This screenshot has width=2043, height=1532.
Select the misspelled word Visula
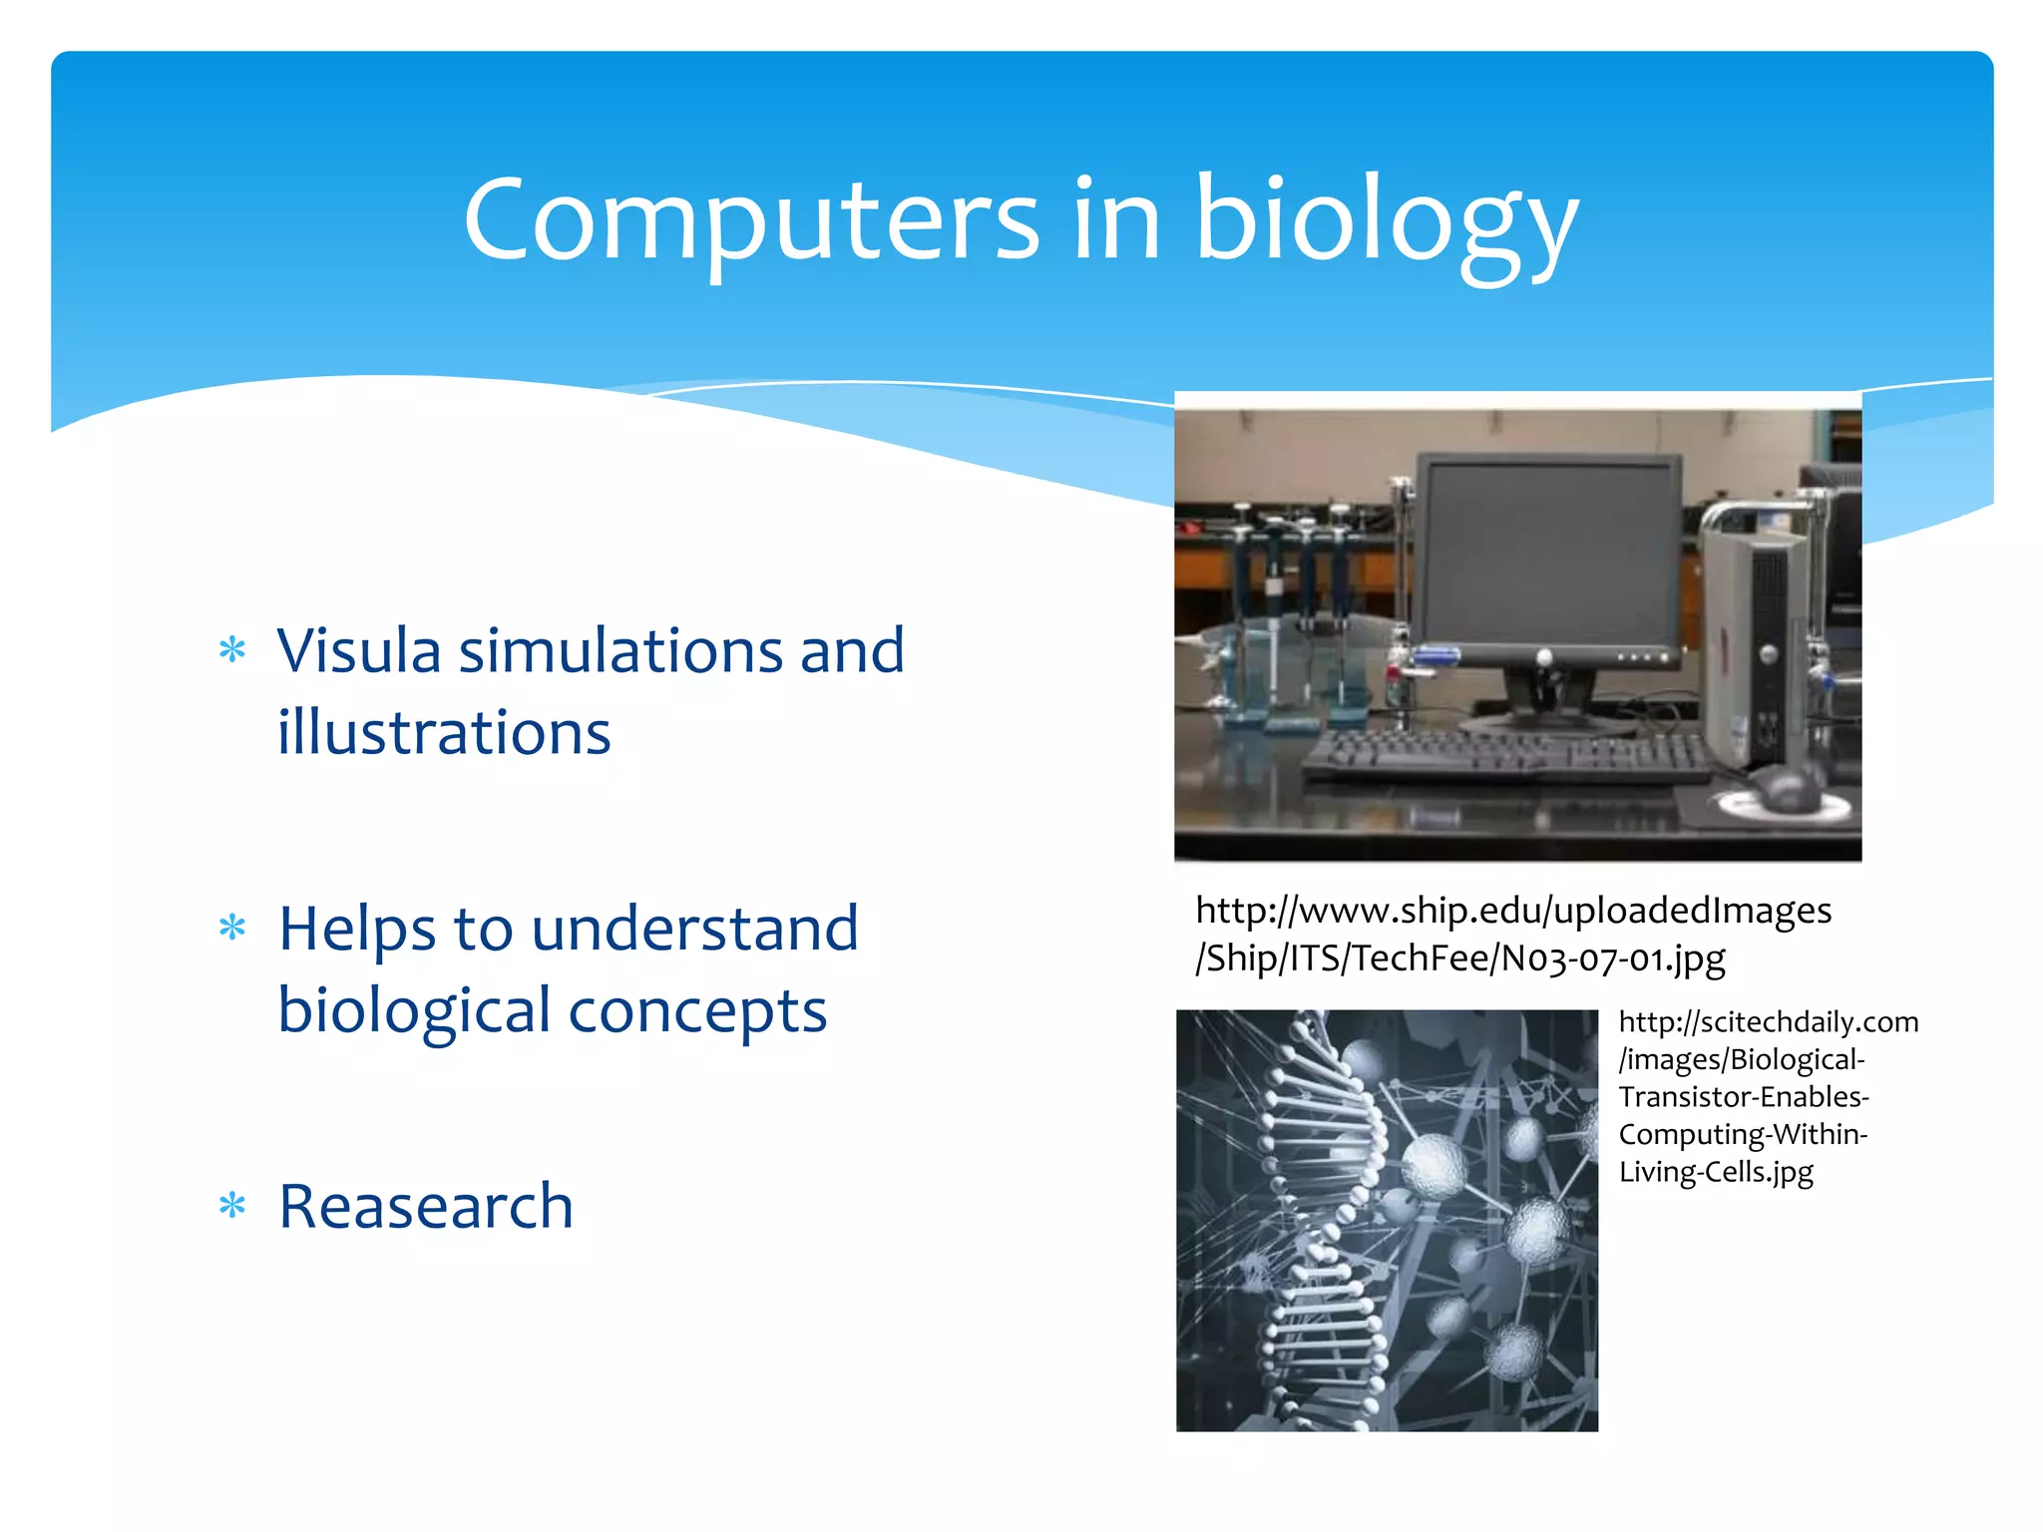click(x=358, y=651)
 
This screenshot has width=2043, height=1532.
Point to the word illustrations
click(x=444, y=733)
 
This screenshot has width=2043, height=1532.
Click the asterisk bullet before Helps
click(x=232, y=929)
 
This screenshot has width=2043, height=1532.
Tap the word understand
click(x=694, y=929)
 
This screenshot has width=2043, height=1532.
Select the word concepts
click(x=697, y=1010)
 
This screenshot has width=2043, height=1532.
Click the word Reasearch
click(x=426, y=1206)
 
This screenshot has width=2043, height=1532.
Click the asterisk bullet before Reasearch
click(x=232, y=1206)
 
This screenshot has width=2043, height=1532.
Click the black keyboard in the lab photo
click(x=1506, y=758)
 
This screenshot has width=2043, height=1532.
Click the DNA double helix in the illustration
click(x=1317, y=1217)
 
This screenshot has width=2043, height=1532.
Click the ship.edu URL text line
click(x=1513, y=911)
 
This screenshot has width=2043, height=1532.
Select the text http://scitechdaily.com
click(x=1768, y=1022)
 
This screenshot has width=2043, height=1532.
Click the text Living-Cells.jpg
click(x=1716, y=1172)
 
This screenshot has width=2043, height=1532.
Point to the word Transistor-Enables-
click(x=1743, y=1097)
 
